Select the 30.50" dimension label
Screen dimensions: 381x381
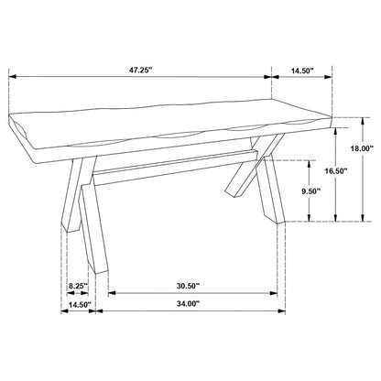[x=192, y=284]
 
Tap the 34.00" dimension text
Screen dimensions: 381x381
[x=184, y=302]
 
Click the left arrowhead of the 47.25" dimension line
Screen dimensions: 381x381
[x=11, y=79]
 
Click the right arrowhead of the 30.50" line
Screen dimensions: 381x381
[x=277, y=294]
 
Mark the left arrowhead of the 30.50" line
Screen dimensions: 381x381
[x=110, y=294]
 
